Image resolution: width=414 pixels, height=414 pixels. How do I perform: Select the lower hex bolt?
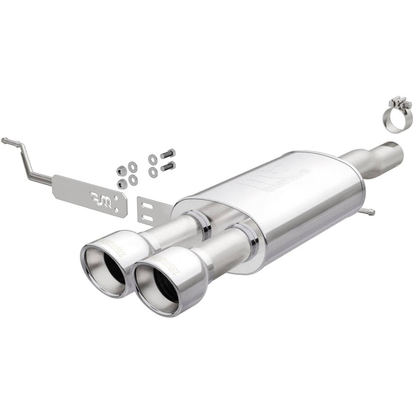click(x=167, y=166)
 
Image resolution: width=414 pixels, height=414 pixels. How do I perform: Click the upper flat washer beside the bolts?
click(x=153, y=159)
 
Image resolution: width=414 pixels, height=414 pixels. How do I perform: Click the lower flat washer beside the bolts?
click(x=153, y=172)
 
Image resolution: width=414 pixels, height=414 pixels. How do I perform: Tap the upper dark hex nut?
click(x=121, y=170)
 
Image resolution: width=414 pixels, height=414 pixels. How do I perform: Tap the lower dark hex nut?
click(x=122, y=183)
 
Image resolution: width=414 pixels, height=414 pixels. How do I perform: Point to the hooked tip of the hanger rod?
click(x=5, y=140)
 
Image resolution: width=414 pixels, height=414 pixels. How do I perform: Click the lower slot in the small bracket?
click(x=148, y=218)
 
